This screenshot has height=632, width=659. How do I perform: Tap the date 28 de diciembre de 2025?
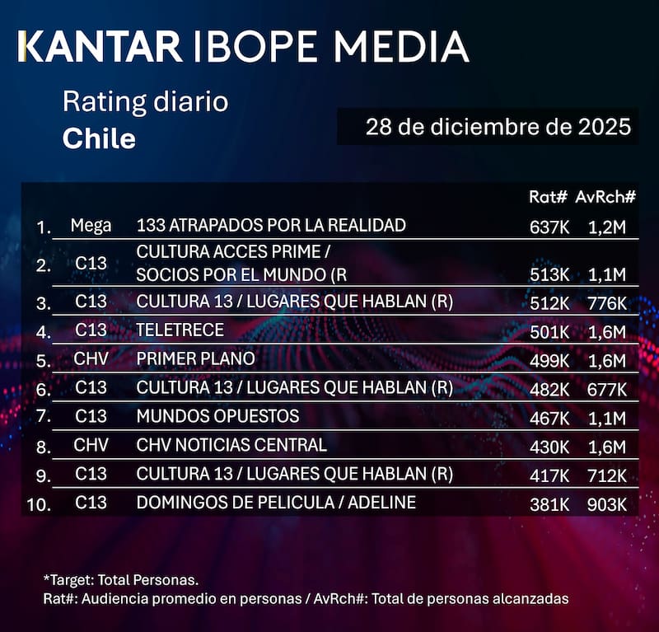[x=498, y=128]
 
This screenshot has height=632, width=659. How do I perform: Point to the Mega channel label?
[x=91, y=225]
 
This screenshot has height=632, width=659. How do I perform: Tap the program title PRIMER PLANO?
[x=196, y=358]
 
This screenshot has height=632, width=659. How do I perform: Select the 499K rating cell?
[x=549, y=359]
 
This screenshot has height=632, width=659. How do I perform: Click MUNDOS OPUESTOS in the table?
[x=217, y=416]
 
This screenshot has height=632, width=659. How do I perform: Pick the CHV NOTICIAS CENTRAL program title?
[x=231, y=445]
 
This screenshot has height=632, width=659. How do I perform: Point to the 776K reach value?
[x=607, y=302]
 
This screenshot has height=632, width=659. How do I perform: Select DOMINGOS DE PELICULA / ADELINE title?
[x=276, y=503]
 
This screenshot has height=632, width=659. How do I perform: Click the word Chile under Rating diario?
[x=99, y=138]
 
